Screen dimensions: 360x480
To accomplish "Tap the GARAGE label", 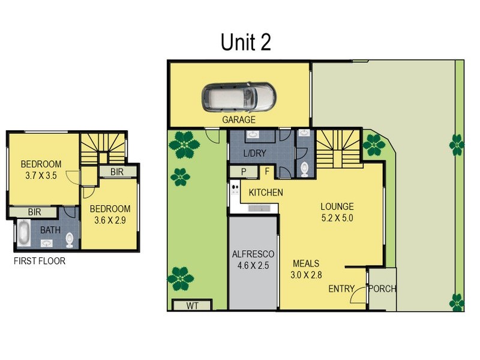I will tap(239, 119).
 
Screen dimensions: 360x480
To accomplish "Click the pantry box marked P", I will tap(244, 172).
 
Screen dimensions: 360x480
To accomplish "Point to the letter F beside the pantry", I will tap(267, 172).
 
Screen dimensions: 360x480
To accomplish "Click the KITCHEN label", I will tap(266, 193).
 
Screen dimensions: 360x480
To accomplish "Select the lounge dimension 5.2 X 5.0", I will tap(337, 218).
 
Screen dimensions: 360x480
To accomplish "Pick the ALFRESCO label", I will tap(253, 253).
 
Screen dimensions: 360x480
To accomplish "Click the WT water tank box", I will tap(191, 305).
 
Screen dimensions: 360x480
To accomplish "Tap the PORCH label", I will tap(382, 289).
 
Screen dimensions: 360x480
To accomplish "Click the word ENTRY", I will tap(341, 289).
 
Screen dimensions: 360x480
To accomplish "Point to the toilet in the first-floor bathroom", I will tap(70, 239).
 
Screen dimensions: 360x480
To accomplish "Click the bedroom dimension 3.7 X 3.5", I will tap(41, 176).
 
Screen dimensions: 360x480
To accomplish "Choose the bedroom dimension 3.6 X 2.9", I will tap(110, 220).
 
